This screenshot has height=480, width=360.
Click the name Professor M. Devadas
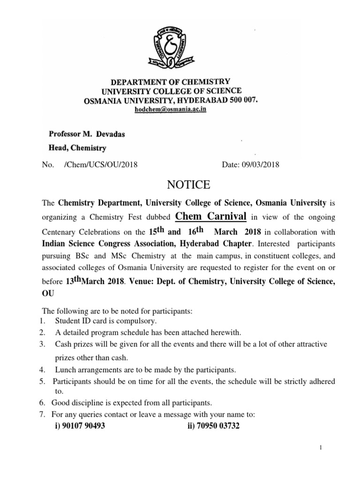coord(87,134)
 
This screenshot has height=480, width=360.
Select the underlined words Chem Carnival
coord(211,216)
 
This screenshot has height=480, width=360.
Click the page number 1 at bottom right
coord(321,448)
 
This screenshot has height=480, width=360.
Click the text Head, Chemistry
coord(77,148)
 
